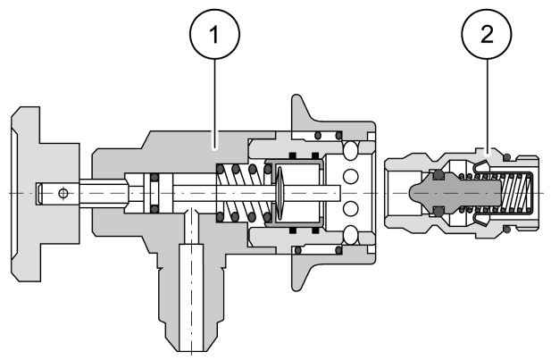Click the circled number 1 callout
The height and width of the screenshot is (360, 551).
tap(214, 34)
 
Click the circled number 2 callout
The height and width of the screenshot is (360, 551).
tap(487, 34)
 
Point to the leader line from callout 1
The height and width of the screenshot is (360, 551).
tap(214, 103)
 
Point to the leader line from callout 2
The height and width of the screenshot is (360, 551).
tap(487, 105)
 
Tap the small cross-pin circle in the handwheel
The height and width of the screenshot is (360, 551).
tap(63, 193)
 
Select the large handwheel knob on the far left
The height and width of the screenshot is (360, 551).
tap(45, 194)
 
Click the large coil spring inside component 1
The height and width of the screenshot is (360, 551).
tap(244, 193)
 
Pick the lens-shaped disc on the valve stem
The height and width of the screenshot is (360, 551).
tap(280, 193)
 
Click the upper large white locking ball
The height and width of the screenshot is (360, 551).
tap(350, 150)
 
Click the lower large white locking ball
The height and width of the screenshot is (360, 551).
tap(350, 235)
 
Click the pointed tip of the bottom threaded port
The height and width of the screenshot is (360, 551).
tap(191, 350)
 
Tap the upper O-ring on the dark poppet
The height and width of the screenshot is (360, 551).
tap(438, 175)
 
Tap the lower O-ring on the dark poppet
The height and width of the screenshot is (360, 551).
tap(438, 212)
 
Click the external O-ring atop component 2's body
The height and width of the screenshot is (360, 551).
tap(506, 157)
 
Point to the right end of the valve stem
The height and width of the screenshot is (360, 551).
tap(340, 193)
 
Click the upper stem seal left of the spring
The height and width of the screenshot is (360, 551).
tap(154, 177)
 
